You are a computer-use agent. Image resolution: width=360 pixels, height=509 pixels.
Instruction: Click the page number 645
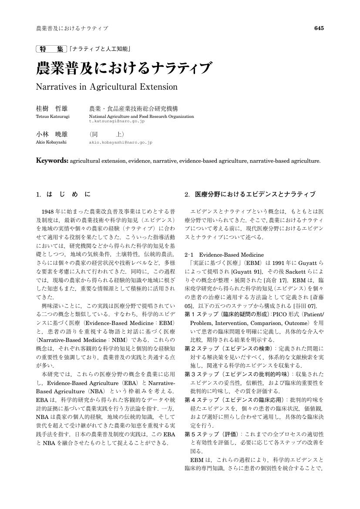pyautogui.click(x=319, y=28)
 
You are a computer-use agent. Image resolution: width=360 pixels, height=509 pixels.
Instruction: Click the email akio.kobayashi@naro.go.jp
pyautogui.click(x=121, y=142)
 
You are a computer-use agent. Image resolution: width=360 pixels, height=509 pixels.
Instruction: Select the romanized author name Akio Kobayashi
pyautogui.click(x=51, y=142)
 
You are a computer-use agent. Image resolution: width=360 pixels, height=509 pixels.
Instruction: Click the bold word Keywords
pyautogui.click(x=52, y=161)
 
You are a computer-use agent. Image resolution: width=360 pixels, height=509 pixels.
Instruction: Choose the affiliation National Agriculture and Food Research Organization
pyautogui.click(x=141, y=117)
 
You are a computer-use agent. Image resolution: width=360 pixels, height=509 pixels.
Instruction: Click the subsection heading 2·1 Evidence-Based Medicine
pyautogui.click(x=224, y=254)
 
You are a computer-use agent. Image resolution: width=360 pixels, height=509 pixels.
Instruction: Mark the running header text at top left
pyautogui.click(x=72, y=29)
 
